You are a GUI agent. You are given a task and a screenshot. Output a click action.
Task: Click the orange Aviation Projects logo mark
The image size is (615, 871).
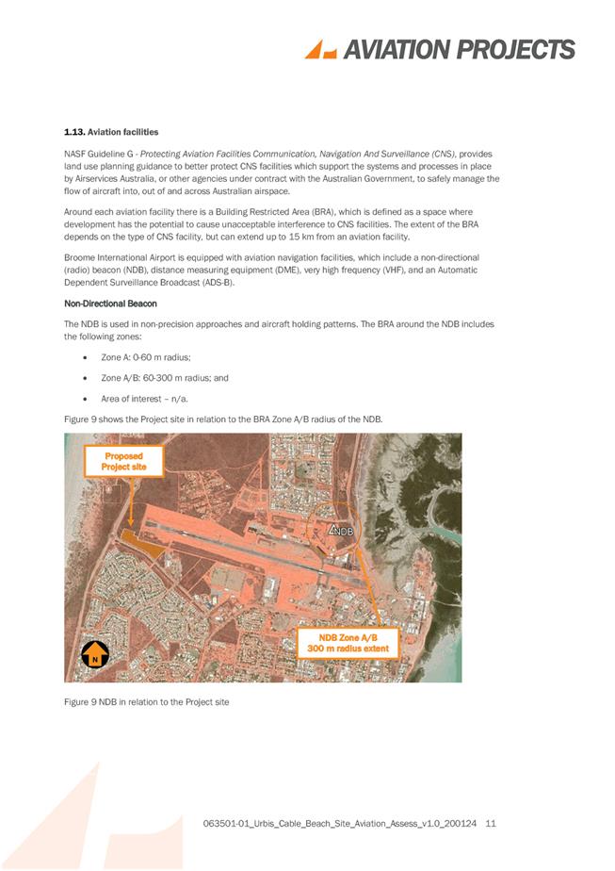pyautogui.click(x=322, y=49)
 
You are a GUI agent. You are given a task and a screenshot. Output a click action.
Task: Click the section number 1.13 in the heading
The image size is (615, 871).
pyautogui.click(x=75, y=132)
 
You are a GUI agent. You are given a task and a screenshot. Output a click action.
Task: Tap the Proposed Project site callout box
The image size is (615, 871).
pyautogui.click(x=123, y=461)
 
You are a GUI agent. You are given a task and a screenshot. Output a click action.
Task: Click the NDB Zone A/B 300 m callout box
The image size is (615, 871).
pyautogui.click(x=348, y=643)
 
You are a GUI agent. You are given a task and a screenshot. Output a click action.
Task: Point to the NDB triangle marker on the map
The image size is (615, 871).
pyautogui.click(x=333, y=531)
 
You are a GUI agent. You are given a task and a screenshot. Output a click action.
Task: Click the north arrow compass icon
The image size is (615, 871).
pyautogui.click(x=94, y=653)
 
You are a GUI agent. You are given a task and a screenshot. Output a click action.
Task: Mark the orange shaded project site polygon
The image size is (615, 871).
pyautogui.click(x=139, y=540)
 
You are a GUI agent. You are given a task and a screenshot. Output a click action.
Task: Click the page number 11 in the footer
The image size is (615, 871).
pyautogui.click(x=490, y=824)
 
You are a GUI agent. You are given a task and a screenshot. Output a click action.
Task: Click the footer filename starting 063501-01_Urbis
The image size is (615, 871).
pyautogui.click(x=339, y=824)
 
